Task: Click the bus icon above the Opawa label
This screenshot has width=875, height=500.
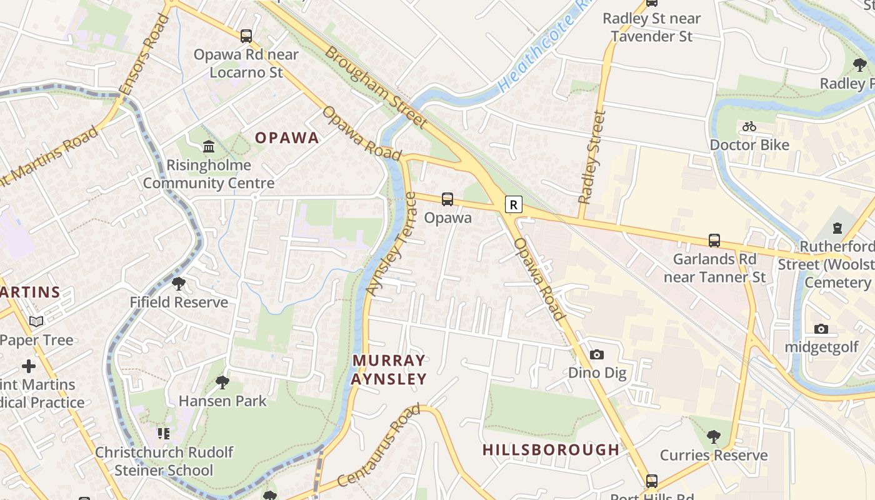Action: coord(447,199)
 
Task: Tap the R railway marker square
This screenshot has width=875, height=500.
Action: coord(513,204)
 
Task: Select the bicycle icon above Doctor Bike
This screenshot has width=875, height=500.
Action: coord(749,127)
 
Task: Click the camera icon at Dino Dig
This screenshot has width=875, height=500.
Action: coord(597,355)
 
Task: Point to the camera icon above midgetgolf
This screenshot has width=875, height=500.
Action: coord(821,329)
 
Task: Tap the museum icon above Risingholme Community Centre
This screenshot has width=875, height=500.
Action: coord(209,147)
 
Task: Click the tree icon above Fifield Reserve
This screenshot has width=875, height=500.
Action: coord(179,284)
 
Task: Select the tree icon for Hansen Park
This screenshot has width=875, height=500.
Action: coord(222,382)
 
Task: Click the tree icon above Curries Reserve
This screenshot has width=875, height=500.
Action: coord(714,437)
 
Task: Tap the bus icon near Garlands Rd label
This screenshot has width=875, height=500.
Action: coord(714,241)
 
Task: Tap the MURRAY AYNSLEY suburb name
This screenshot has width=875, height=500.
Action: coord(389,369)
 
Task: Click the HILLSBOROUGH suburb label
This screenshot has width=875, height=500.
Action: coord(551,449)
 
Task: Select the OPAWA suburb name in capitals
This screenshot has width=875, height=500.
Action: coord(287,138)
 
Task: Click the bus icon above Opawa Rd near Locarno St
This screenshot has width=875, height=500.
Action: coord(246,36)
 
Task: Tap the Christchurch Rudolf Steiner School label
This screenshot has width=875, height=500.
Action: coord(164,461)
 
